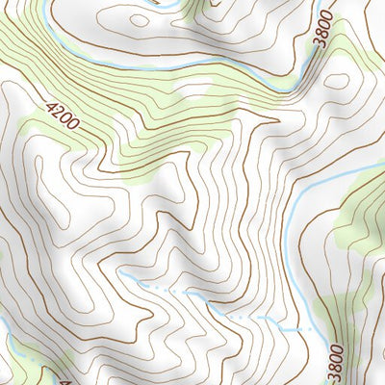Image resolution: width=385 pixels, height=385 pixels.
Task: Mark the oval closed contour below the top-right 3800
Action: (337, 81)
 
